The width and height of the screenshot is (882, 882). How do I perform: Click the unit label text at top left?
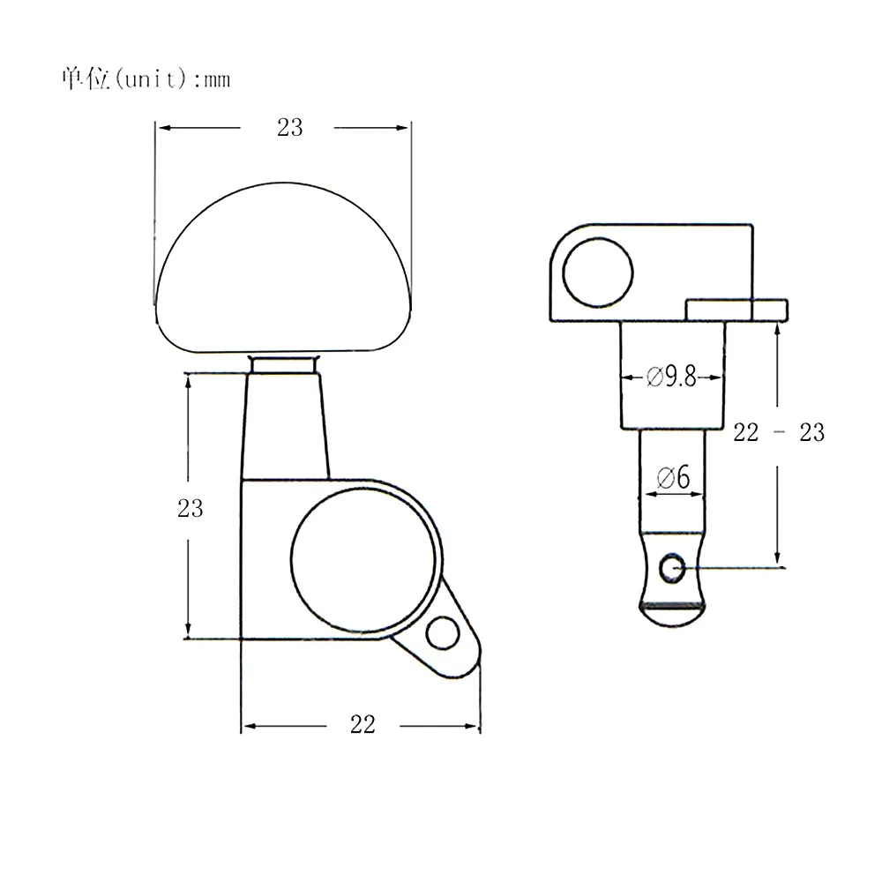pos(146,78)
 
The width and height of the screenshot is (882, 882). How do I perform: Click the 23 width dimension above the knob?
pos(289,128)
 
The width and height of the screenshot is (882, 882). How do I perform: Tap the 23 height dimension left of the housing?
pos(191,509)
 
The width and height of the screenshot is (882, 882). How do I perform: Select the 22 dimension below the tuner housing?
pos(363,724)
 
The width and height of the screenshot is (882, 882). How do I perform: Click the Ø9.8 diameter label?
pos(671,377)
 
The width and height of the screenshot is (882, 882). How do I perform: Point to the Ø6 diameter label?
pos(673,478)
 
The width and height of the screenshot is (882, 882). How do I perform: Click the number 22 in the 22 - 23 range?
pos(746,432)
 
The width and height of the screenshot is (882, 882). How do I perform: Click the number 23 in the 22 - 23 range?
pos(811,432)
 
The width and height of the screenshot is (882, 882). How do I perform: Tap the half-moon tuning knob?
pos(283,268)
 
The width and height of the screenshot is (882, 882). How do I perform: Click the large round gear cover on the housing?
pos(364,560)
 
